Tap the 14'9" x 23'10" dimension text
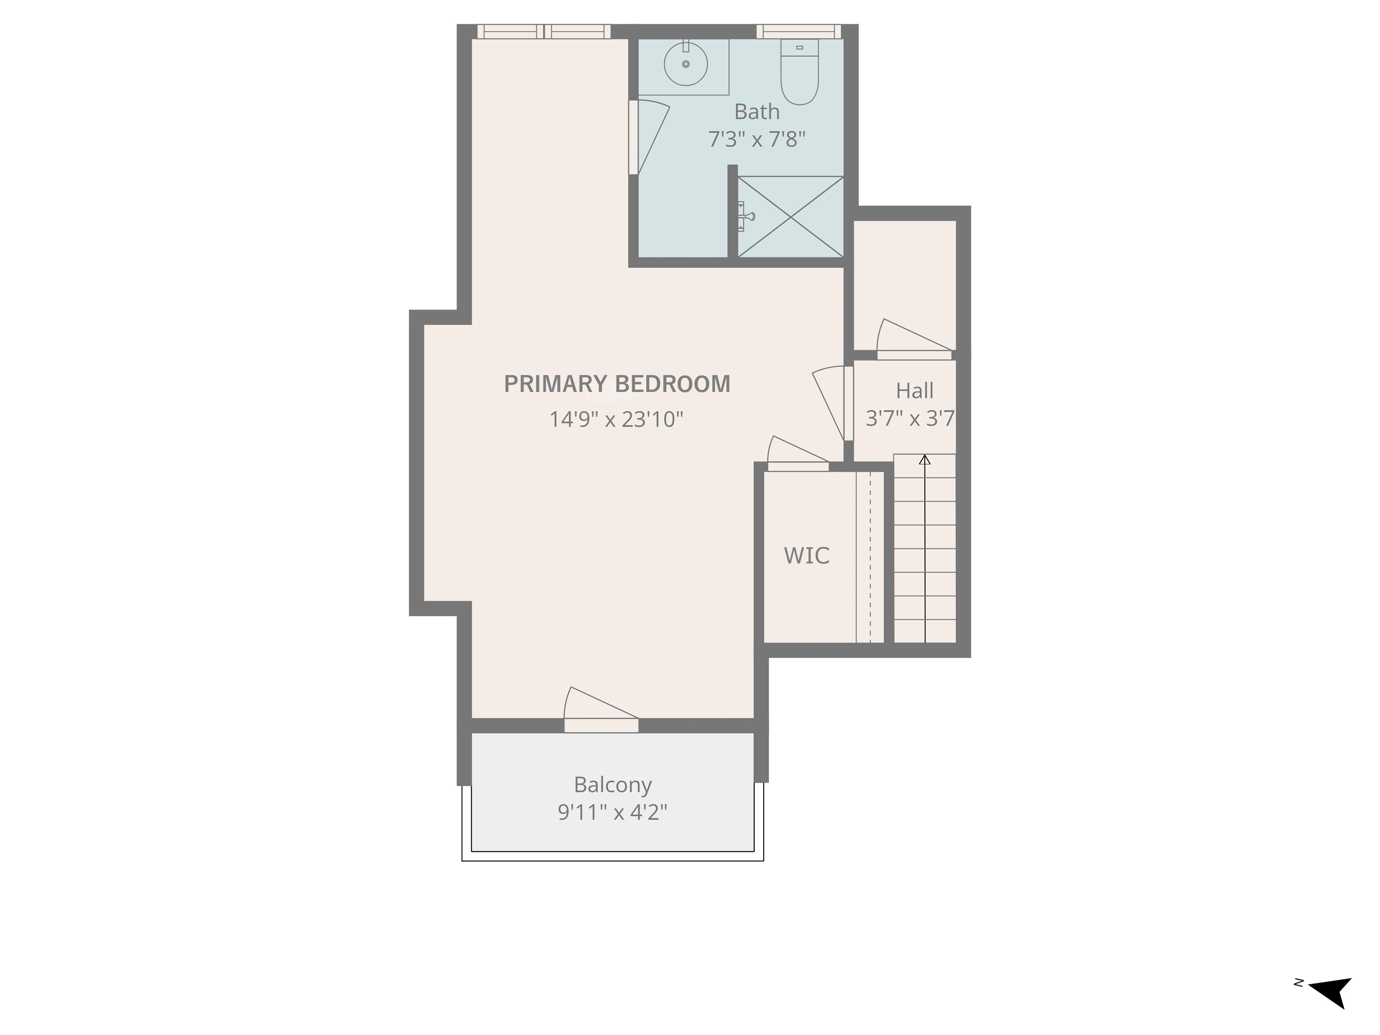point(616,419)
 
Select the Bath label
point(757,112)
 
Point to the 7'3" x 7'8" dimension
point(757,139)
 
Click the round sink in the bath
point(686,64)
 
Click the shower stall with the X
point(791,217)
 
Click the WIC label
point(807,556)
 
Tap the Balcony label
point(613,785)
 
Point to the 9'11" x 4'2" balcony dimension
point(613,812)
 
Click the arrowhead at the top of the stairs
point(924,460)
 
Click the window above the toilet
point(799,31)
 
